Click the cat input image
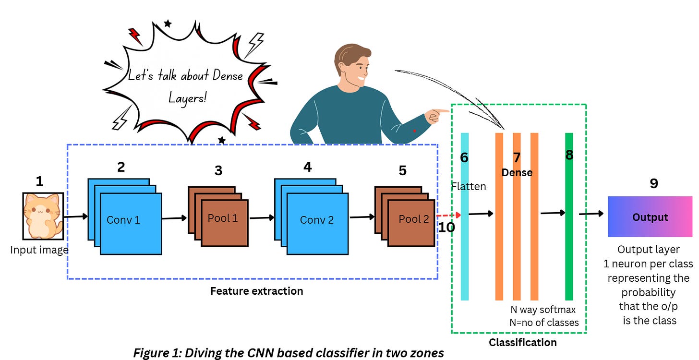click(43, 216)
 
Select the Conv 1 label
click(123, 220)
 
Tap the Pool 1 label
click(223, 218)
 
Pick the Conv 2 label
click(316, 220)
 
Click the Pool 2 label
click(413, 219)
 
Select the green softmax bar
click(569, 240)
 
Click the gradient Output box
click(650, 216)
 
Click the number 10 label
click(446, 227)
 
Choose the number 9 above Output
click(653, 183)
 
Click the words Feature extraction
click(256, 291)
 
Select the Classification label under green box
click(522, 342)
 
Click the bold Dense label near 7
click(517, 172)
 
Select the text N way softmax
click(543, 310)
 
